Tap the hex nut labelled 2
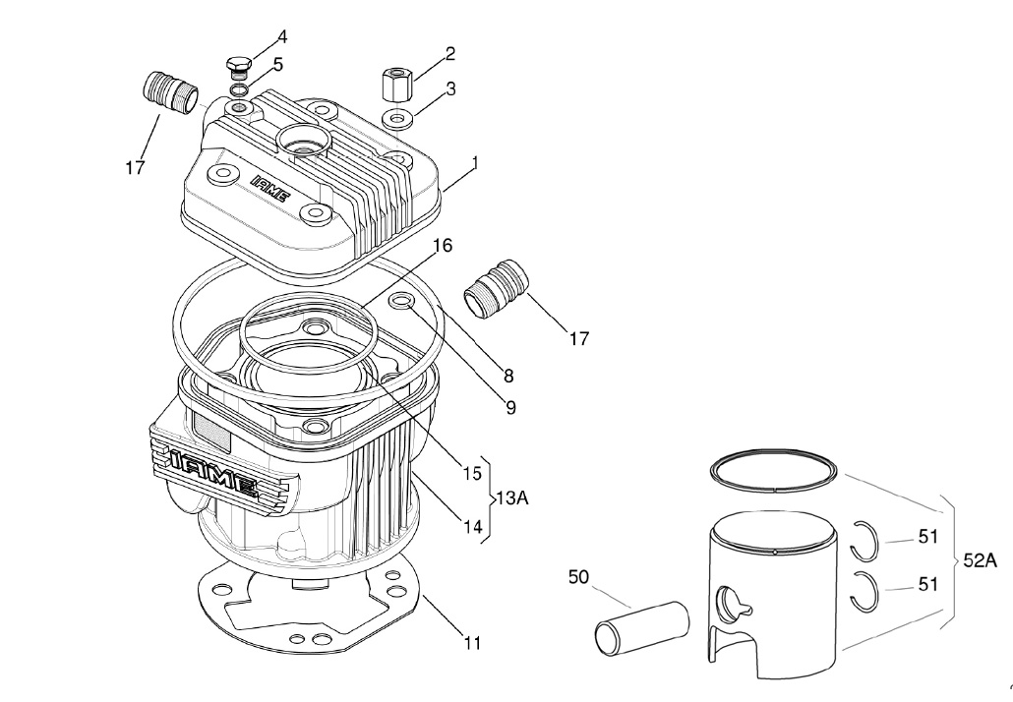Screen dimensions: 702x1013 click(x=395, y=84)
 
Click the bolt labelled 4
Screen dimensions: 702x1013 click(x=236, y=68)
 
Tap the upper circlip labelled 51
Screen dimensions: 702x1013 click(x=863, y=538)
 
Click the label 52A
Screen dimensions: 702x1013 click(x=981, y=561)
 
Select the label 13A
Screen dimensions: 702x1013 click(x=511, y=498)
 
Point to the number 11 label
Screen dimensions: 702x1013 click(x=472, y=644)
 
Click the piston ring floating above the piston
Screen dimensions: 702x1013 click(x=776, y=470)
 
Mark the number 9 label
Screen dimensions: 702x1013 click(x=511, y=406)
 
